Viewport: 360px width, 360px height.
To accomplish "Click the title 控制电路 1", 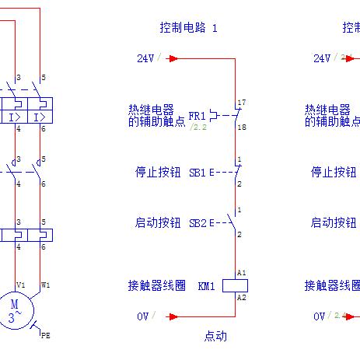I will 189,28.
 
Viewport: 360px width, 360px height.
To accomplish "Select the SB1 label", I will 197,173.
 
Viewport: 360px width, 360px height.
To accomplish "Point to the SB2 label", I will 197,223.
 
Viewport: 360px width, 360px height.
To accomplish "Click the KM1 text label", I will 206,285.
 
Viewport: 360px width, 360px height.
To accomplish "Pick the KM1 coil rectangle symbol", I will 235,285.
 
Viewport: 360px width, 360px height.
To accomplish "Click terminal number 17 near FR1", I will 242,103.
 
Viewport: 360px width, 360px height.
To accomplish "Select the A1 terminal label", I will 242,273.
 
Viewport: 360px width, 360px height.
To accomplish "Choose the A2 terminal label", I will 242,298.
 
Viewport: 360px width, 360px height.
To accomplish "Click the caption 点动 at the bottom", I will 215,336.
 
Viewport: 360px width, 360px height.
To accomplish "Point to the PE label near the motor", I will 45,337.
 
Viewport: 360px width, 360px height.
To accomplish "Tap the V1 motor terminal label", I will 21,285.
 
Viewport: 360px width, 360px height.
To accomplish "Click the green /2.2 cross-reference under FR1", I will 198,126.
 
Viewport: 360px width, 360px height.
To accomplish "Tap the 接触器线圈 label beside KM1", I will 158,285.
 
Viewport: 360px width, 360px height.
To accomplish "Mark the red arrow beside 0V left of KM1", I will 173,316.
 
